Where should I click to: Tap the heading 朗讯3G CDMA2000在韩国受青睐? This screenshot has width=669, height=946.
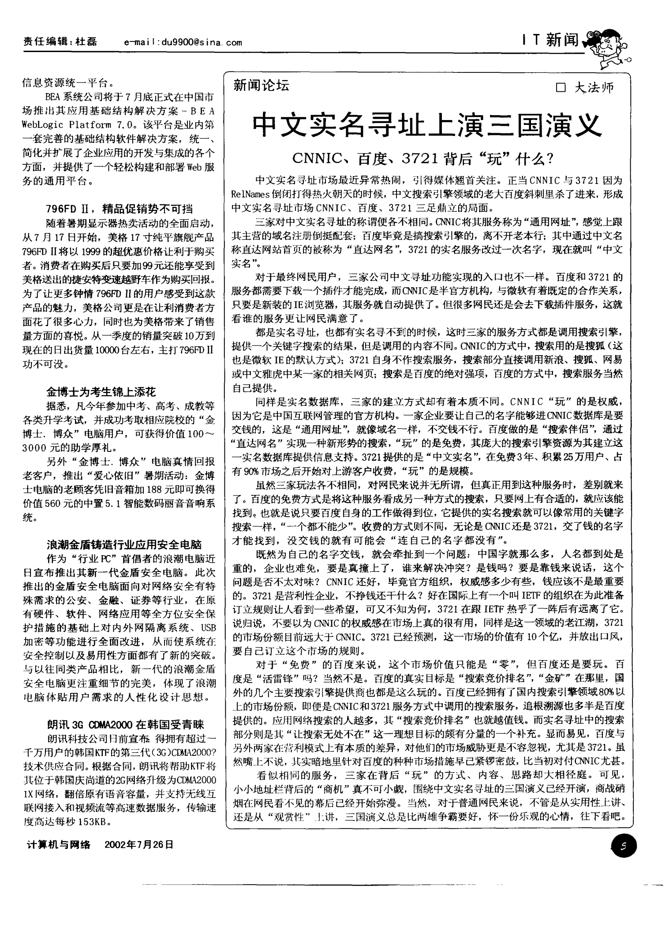125,725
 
